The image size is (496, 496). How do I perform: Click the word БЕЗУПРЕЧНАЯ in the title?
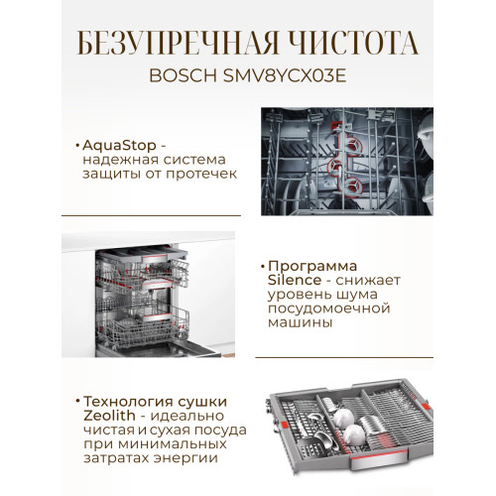tap(179, 43)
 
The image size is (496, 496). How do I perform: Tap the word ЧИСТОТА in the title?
tap(355, 43)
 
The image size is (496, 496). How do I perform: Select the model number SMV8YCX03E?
tap(285, 75)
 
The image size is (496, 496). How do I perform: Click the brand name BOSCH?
tap(183, 75)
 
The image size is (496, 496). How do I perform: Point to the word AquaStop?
tap(119, 146)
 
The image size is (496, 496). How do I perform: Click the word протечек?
tap(201, 175)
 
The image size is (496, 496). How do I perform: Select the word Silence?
tap(295, 280)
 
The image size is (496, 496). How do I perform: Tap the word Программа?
tap(312, 266)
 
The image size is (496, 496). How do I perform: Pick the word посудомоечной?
tap(329, 309)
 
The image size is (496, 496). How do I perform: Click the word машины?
tap(300, 323)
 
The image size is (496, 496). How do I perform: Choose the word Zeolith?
tap(109, 416)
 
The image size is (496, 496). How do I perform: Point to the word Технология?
tap(128, 402)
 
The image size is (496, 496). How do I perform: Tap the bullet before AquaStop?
tap(77, 146)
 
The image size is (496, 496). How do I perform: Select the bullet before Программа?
tap(263, 266)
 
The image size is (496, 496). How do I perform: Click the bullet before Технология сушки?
tap(78, 402)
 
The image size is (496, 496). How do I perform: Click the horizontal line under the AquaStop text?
tap(151, 215)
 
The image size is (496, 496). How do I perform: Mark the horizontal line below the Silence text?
tap(344, 357)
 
